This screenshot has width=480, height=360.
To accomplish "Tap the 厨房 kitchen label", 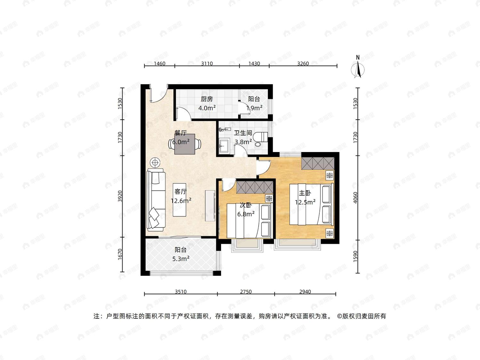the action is (x=207, y=99).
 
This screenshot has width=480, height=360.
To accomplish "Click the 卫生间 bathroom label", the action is (x=243, y=133).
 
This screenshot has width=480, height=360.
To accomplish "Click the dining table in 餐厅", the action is (x=185, y=144).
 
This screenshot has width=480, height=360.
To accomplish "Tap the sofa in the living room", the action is (x=156, y=200).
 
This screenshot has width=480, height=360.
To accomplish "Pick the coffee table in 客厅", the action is (x=180, y=200).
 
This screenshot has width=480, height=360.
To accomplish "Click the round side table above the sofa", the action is (x=155, y=163).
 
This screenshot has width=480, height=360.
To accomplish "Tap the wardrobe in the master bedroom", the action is (x=318, y=163).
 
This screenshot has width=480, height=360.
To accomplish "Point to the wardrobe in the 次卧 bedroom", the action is (x=255, y=187).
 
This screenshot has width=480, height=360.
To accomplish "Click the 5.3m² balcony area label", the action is (x=180, y=259).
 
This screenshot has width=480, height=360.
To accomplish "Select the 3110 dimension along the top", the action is (x=207, y=63).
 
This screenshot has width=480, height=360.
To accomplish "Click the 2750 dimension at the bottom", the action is (x=246, y=292).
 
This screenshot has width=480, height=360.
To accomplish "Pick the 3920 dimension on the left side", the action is (x=120, y=196).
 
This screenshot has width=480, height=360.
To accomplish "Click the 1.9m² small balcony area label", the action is (x=254, y=108).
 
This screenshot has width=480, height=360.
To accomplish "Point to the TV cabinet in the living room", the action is (x=210, y=206).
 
